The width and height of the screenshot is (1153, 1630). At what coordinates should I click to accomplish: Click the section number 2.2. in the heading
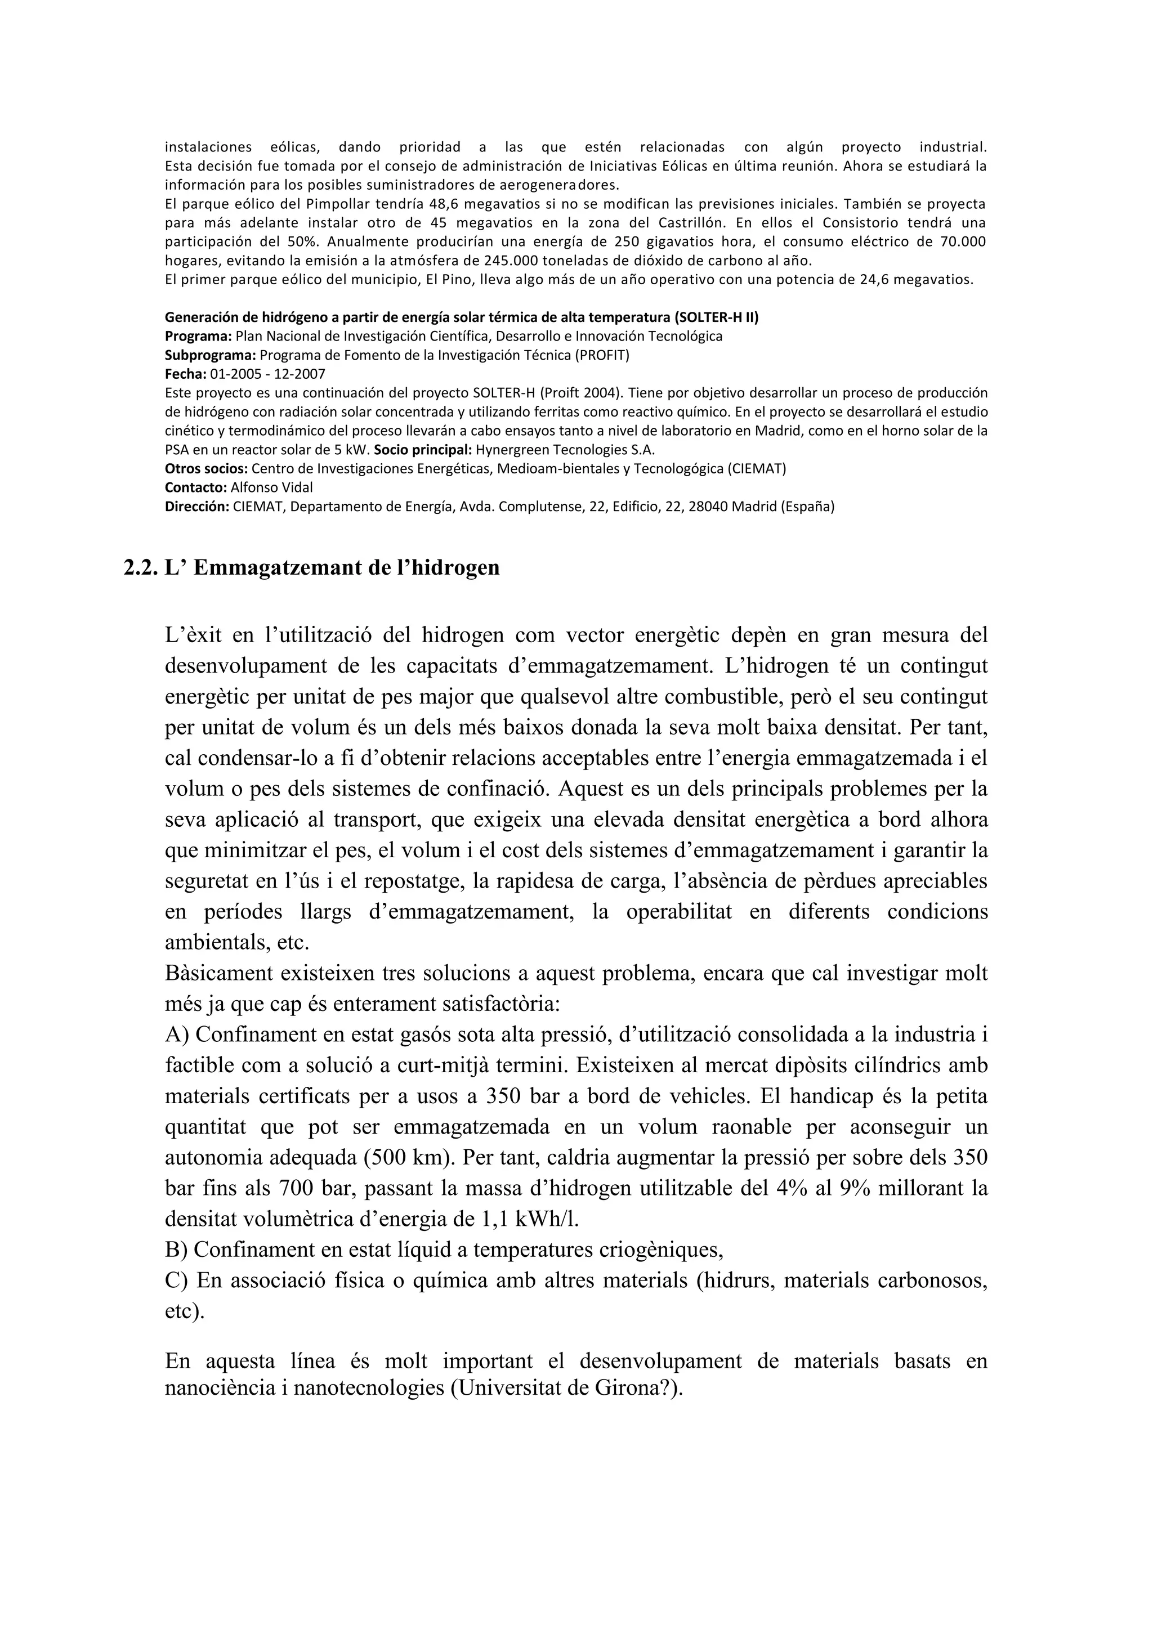(141, 568)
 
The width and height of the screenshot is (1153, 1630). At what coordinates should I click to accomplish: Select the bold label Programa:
(198, 336)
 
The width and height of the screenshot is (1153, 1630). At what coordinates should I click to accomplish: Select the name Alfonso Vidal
(271, 488)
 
